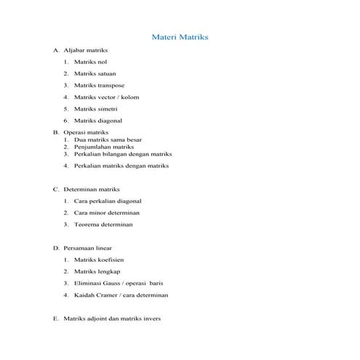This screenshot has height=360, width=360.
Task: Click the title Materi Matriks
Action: tap(180, 36)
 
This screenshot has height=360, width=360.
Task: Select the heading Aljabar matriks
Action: tap(86, 51)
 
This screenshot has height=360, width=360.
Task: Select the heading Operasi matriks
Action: tap(86, 132)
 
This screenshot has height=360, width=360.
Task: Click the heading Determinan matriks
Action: tap(92, 188)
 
